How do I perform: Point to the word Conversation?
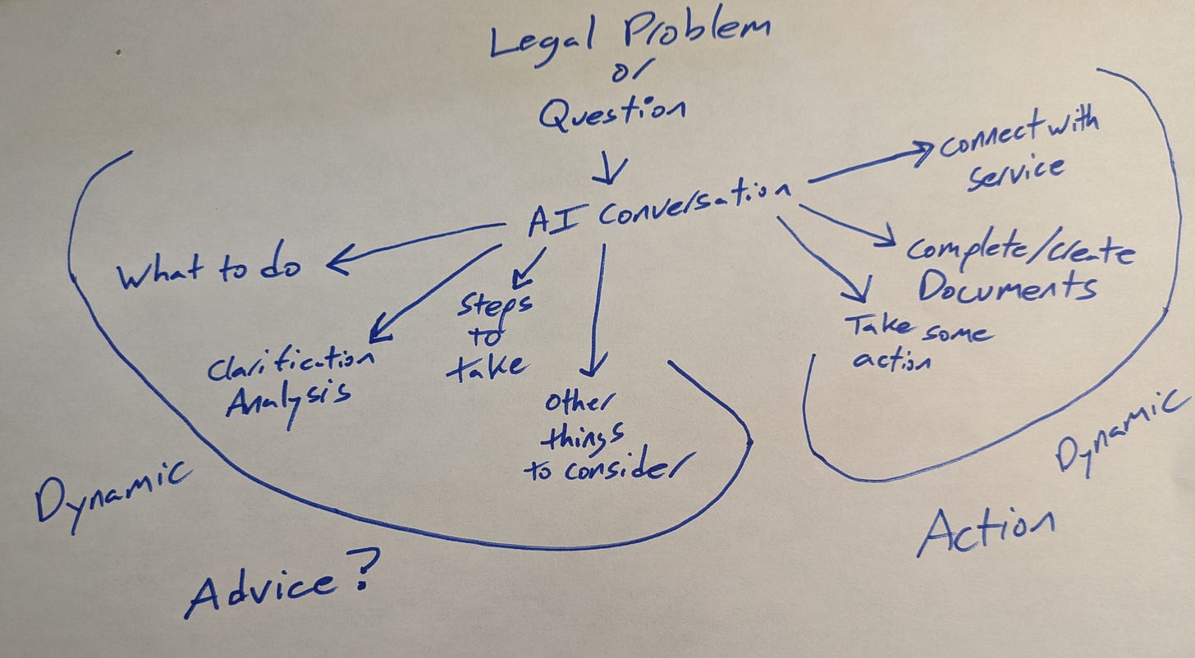click(x=694, y=205)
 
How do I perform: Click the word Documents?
click(x=1007, y=286)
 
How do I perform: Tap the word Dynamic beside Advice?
click(x=115, y=492)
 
